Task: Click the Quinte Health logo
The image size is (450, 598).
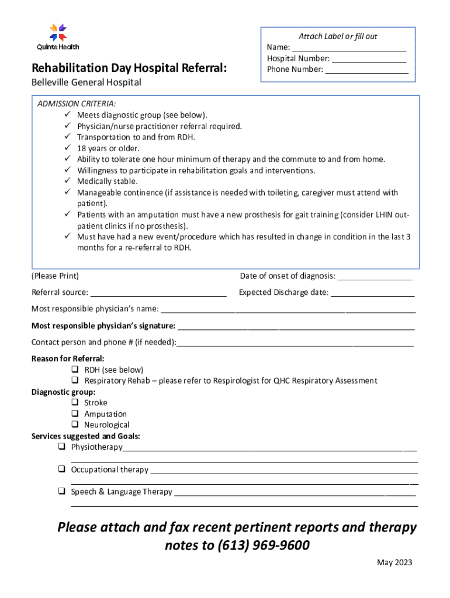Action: pos(58,36)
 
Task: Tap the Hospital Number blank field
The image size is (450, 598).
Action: pos(369,58)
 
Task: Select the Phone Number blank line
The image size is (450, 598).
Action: pos(366,69)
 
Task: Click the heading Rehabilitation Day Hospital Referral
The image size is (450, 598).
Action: pos(129,68)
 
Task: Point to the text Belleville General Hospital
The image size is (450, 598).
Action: pos(86,82)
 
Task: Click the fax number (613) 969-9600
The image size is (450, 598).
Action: pos(263,546)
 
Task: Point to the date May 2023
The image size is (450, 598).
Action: pos(394,563)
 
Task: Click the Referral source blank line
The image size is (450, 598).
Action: pos(158,293)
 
